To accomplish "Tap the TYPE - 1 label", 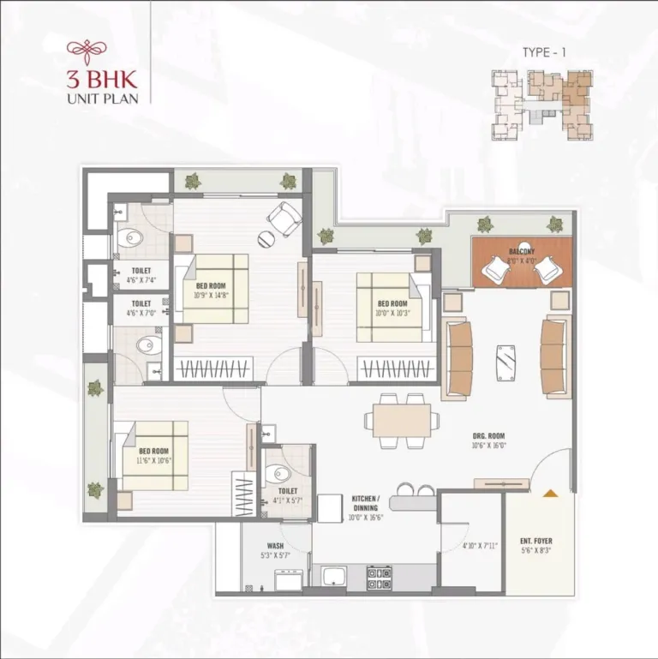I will click(x=545, y=52).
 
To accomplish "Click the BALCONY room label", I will click(x=521, y=251).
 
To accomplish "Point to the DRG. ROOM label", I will click(x=488, y=436).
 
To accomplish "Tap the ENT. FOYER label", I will click(x=536, y=542).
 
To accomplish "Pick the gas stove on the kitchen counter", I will click(x=379, y=577).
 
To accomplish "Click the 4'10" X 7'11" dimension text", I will click(x=480, y=546).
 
